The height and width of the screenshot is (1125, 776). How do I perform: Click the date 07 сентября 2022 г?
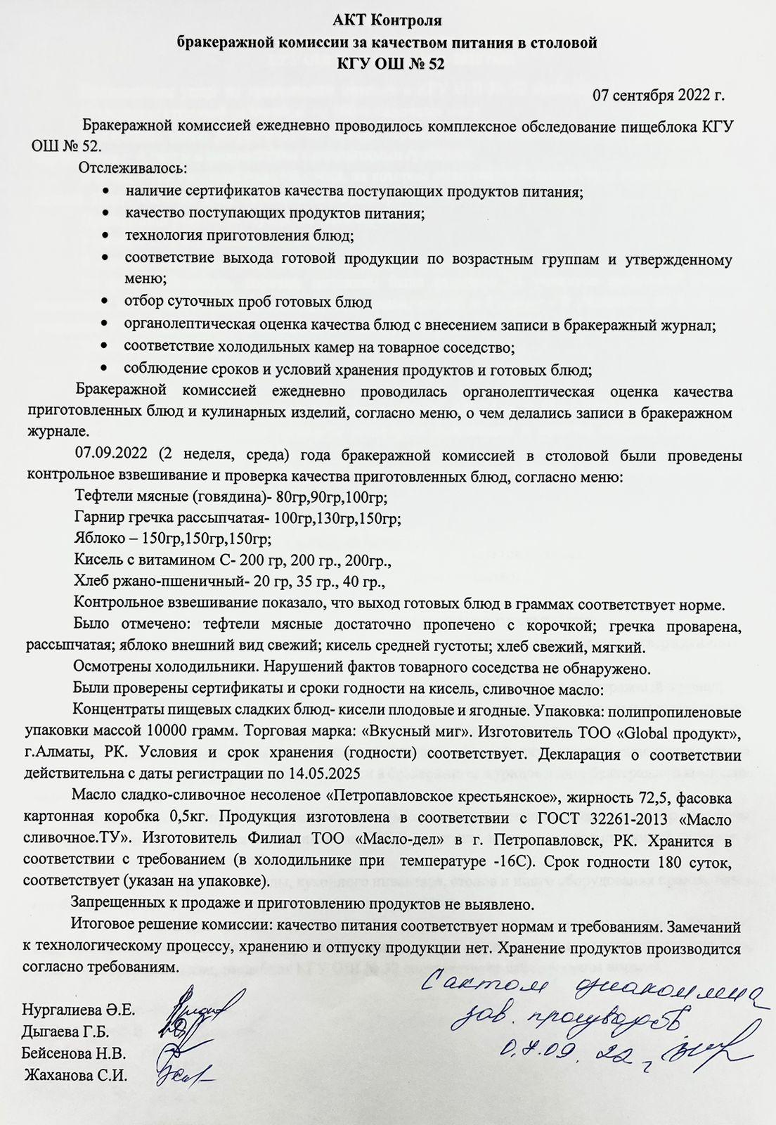[x=659, y=94]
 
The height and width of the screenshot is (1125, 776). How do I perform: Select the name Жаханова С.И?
[x=77, y=1075]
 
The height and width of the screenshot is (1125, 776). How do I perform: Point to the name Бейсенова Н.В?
[x=74, y=1054]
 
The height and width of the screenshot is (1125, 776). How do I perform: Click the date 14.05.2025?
[x=325, y=773]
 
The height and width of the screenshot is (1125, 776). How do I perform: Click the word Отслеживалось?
[x=132, y=169]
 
